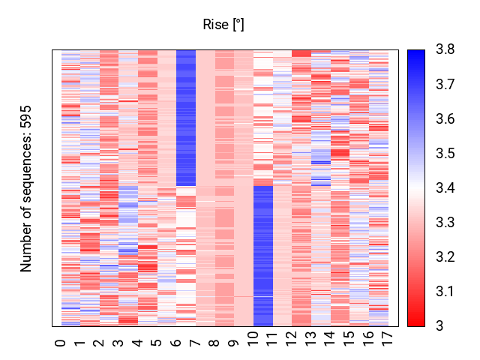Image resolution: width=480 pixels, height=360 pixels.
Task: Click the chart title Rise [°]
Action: point(223,25)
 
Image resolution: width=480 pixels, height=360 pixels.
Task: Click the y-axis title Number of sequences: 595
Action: point(26,188)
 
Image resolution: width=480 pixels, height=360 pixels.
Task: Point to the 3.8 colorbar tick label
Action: point(445,49)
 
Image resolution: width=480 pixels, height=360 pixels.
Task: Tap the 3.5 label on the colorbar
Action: point(445,153)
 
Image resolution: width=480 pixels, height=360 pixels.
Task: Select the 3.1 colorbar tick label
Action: point(445,292)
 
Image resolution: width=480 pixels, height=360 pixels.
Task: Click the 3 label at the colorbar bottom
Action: point(439,326)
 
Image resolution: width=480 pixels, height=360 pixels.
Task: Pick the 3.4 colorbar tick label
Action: point(445,187)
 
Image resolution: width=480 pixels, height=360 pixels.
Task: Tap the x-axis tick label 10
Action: point(253,339)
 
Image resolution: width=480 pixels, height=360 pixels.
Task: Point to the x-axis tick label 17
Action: point(388,339)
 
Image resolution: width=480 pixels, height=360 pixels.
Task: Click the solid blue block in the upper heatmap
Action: point(186,118)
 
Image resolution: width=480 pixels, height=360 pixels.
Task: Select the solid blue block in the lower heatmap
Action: point(263,256)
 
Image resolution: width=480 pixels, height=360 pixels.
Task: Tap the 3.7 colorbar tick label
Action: point(445,84)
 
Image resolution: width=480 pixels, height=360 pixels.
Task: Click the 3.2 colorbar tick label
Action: point(445,256)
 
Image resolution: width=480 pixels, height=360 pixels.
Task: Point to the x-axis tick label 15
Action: point(349,339)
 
